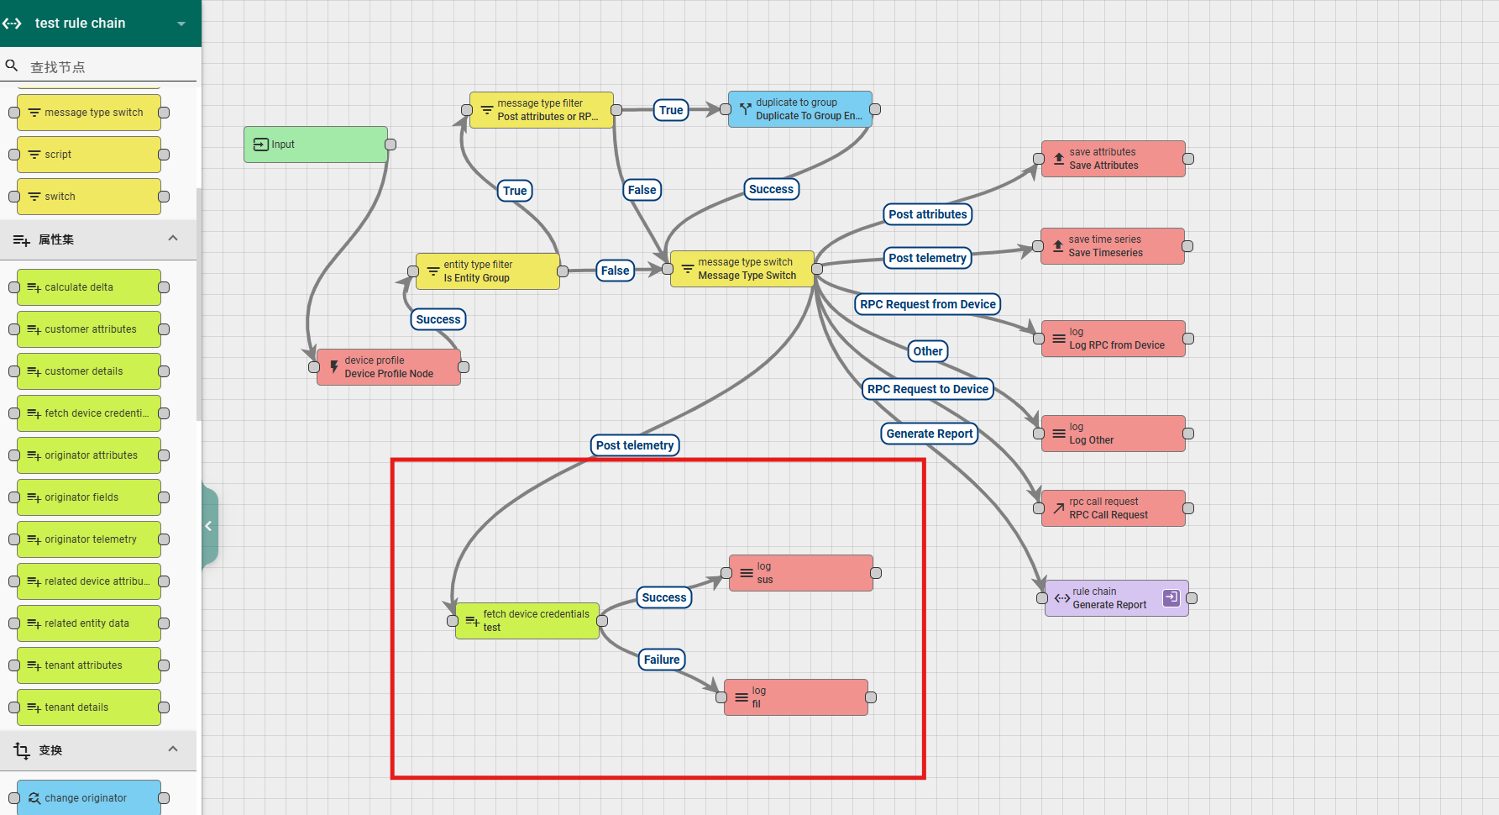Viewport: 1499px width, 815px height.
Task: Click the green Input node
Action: tap(316, 145)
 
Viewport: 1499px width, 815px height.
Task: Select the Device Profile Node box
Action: tap(388, 367)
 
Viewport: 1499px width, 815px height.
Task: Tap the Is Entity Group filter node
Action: tap(487, 271)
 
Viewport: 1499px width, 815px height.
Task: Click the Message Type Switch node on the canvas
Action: tap(742, 269)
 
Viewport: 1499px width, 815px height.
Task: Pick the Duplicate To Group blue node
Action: tap(799, 109)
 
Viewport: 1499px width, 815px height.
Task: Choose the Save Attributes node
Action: tap(1113, 159)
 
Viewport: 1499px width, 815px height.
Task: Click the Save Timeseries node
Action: tap(1112, 246)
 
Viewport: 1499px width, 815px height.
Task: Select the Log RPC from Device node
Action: tap(1113, 339)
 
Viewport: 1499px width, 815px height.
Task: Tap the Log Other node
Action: tap(1113, 434)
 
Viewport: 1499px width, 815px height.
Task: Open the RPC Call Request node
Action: tap(1113, 508)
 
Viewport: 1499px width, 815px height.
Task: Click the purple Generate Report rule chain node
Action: tap(1116, 598)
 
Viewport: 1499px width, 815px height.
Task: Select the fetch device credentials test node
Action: tap(527, 621)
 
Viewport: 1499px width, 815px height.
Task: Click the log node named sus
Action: tap(800, 573)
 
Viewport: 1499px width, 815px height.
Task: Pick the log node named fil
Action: tap(795, 697)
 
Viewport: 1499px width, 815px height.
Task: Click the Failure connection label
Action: tap(662, 660)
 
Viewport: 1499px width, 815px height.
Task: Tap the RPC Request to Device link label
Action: tap(927, 389)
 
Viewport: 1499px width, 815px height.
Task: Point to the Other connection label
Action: tap(927, 351)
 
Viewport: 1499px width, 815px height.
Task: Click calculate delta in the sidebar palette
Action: tap(89, 287)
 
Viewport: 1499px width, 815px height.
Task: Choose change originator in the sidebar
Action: tap(89, 798)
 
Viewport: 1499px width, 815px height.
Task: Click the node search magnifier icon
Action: tap(12, 66)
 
